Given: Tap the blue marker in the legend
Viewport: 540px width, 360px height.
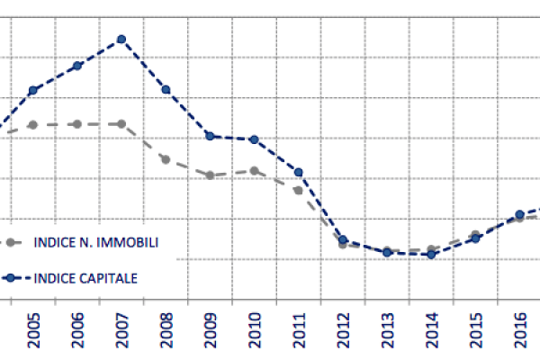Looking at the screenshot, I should coord(11,278).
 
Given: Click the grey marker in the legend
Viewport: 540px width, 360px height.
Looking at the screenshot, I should coord(11,242).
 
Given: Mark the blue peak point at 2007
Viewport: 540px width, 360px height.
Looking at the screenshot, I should coord(121,40).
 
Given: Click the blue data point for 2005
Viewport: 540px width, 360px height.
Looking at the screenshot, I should coord(33,90).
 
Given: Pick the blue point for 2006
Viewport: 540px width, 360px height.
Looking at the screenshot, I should coord(77,66).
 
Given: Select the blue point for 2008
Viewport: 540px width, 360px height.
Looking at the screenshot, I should coord(166,89).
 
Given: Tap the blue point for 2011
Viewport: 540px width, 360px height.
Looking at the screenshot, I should coord(299,172).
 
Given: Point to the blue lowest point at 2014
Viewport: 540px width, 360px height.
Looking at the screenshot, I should coord(431,255).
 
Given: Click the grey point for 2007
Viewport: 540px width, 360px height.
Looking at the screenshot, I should coord(121,124).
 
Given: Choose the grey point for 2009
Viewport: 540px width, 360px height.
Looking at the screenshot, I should coord(210,175).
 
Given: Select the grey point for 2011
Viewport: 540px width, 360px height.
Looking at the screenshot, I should coord(299,190).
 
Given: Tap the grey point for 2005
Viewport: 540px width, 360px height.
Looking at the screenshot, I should coord(33,125).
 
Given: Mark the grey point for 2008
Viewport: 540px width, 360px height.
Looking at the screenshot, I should coord(166,159).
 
